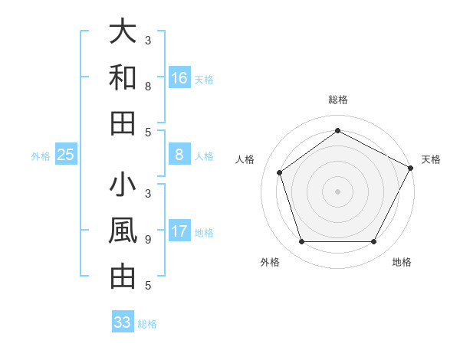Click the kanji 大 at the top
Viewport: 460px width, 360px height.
(123, 32)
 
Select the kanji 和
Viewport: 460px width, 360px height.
(123, 77)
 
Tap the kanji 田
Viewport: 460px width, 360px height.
(123, 123)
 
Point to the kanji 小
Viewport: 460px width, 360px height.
(123, 186)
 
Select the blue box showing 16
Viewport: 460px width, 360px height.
(179, 78)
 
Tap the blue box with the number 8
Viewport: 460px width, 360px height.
(179, 155)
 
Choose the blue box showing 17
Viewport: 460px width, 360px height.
(179, 231)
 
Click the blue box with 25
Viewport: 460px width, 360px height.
(66, 155)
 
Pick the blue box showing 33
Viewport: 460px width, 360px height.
(123, 322)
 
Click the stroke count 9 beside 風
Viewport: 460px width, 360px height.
(148, 239)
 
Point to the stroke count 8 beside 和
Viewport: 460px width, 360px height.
(148, 86)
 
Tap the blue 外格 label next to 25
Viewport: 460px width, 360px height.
(41, 156)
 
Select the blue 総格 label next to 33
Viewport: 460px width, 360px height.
(147, 324)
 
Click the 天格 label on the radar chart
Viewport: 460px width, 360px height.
(431, 159)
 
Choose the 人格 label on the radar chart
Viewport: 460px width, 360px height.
(245, 159)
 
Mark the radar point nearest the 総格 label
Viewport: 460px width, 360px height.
(337, 131)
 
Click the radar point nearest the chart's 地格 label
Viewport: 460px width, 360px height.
(373, 242)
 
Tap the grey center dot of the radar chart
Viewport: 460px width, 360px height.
(337, 191)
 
